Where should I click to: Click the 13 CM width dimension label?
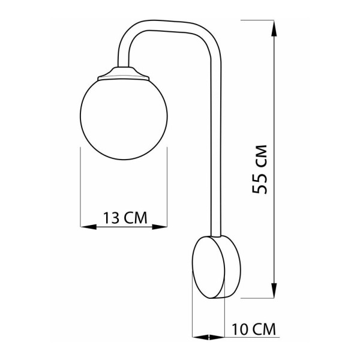(x=125, y=217)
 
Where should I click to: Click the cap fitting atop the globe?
(x=125, y=74)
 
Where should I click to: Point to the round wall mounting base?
(x=216, y=266)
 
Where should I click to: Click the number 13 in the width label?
(x=112, y=217)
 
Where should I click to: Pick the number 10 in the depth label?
(x=238, y=329)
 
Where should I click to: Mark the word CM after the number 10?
(x=262, y=329)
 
